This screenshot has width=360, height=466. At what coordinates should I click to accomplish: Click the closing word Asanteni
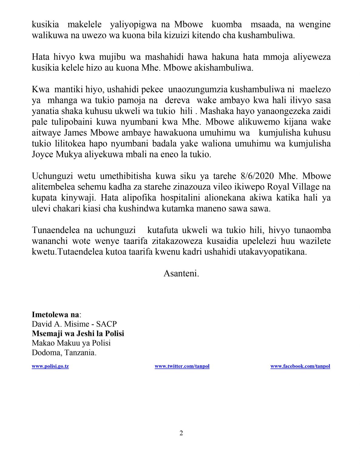pyautogui.click(x=181, y=273)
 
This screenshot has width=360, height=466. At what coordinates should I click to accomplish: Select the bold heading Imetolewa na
pyautogui.click(x=56, y=315)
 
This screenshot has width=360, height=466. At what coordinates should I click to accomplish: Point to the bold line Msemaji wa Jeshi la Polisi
pyautogui.click(x=78, y=333)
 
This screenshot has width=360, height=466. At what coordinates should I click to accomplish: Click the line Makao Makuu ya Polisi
pyautogui.click(x=71, y=343)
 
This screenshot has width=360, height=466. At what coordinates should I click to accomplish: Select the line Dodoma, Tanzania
pyautogui.click(x=64, y=353)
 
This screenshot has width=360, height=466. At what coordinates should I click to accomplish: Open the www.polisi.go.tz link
pyautogui.click(x=50, y=366)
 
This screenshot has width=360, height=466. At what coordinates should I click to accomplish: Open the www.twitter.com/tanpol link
pyautogui.click(x=182, y=366)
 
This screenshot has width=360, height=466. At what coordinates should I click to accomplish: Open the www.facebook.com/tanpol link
pyautogui.click(x=300, y=366)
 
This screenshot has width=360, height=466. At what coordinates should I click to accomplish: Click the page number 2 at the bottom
pyautogui.click(x=181, y=433)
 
